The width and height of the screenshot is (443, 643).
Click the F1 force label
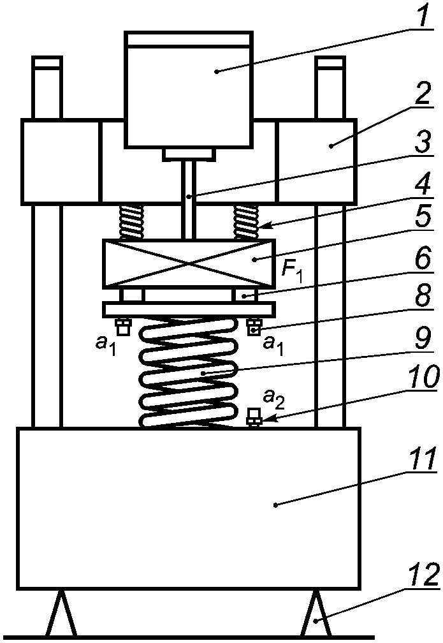tap(292, 271)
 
